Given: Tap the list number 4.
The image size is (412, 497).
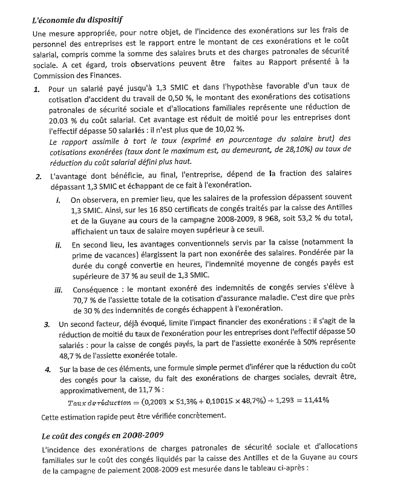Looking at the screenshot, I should pos(48,369).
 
